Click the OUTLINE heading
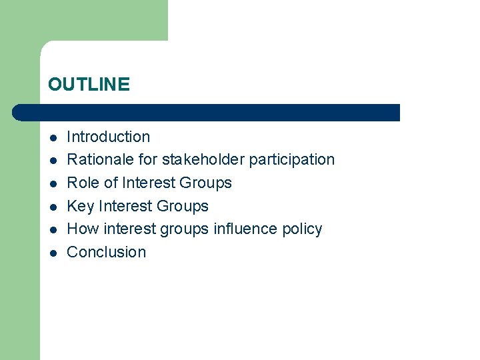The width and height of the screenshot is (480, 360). [89, 85]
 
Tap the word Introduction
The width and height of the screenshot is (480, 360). [109, 137]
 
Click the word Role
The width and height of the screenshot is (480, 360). [83, 183]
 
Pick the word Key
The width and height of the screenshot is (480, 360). [81, 206]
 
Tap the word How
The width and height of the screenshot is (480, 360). [83, 229]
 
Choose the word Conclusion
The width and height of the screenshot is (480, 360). [107, 252]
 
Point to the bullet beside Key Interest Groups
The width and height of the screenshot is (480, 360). [53, 207]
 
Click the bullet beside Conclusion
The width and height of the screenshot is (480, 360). [53, 253]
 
